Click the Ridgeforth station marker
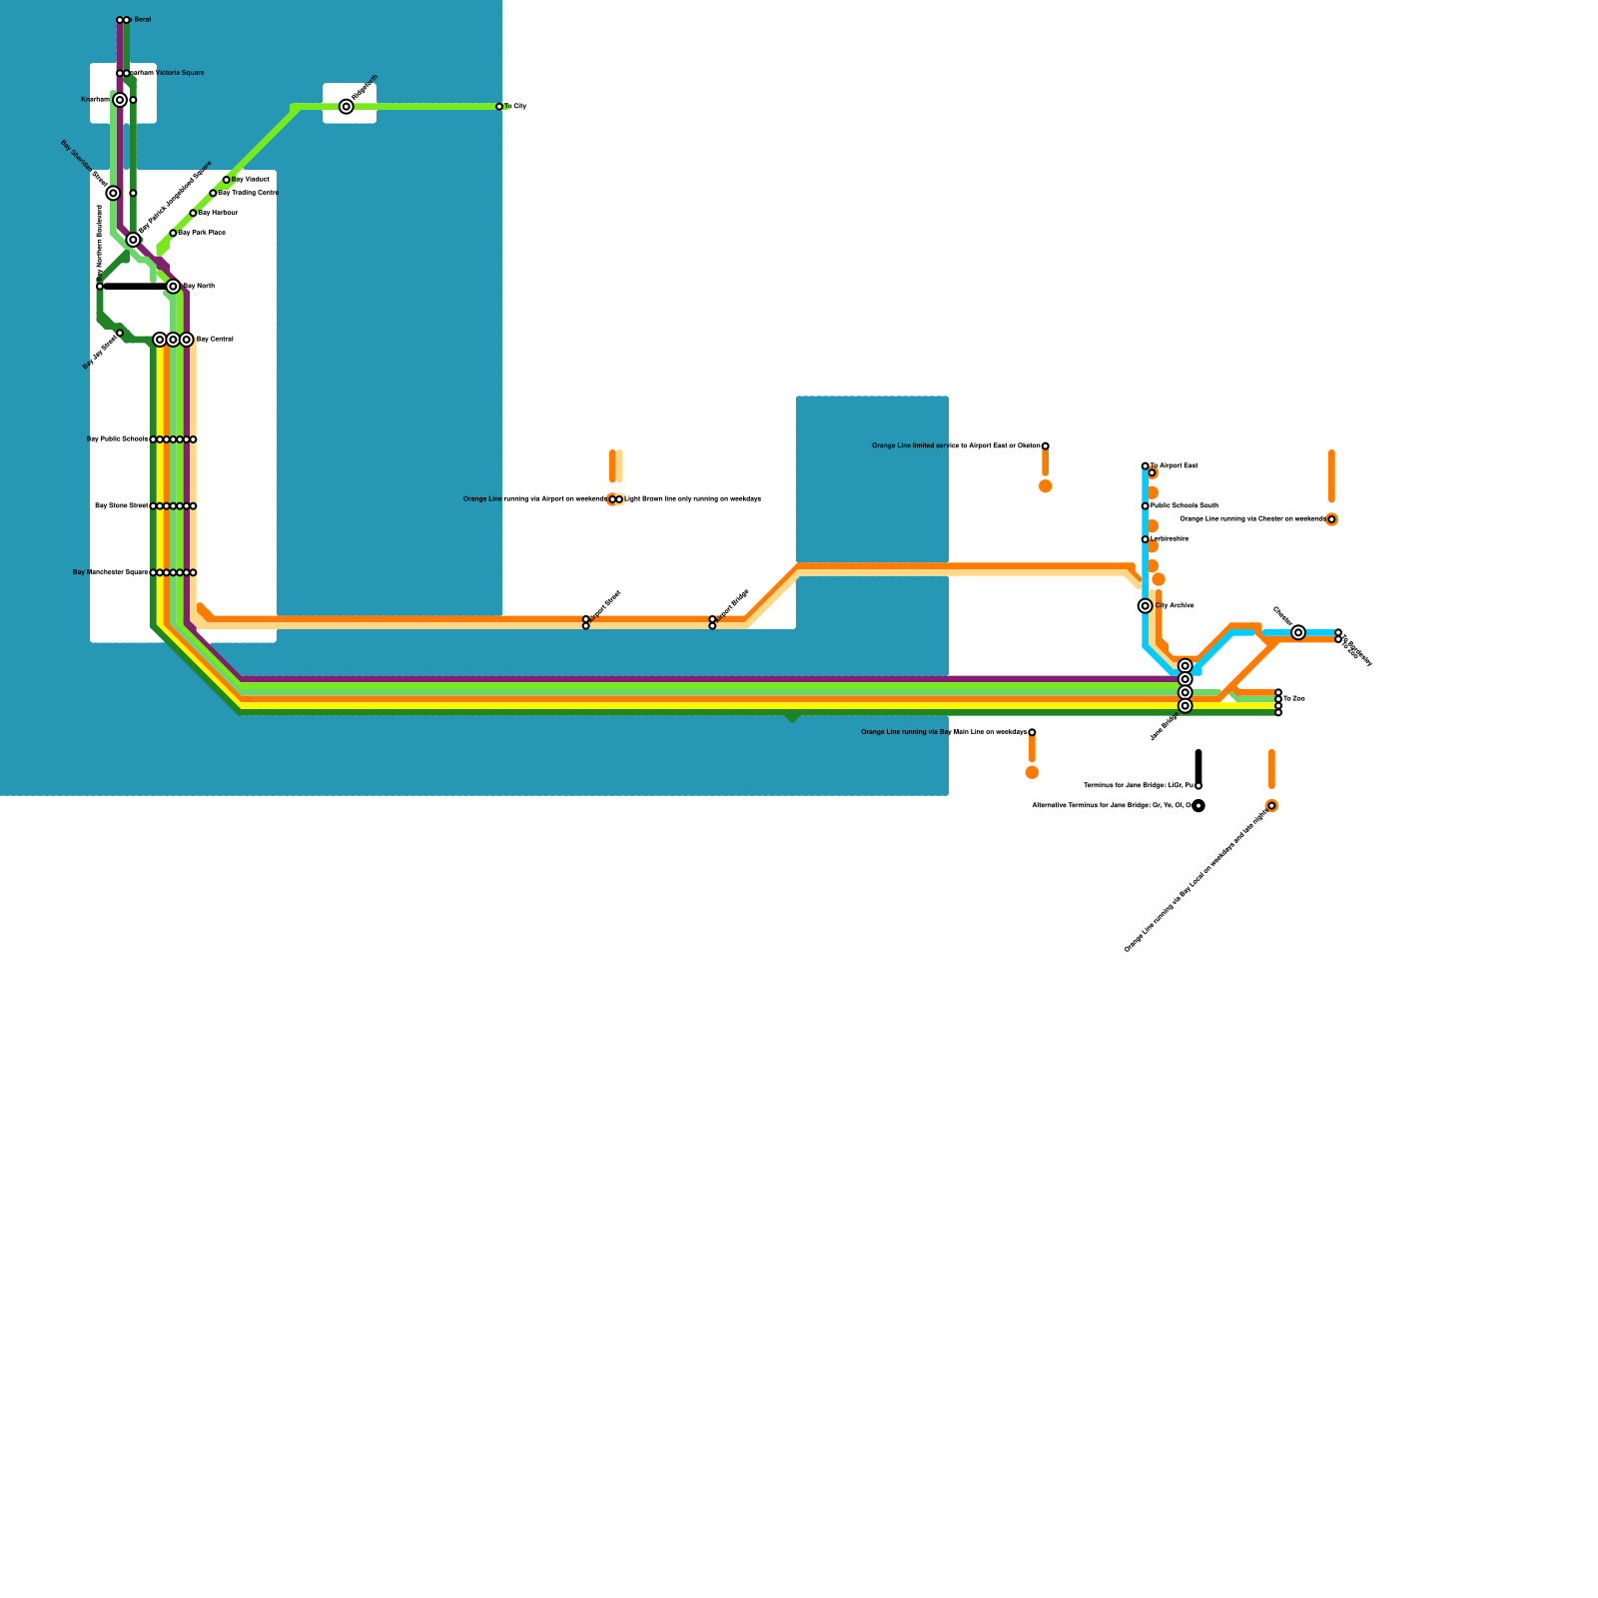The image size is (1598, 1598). [x=347, y=107]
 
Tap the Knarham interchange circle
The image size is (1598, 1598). [x=120, y=100]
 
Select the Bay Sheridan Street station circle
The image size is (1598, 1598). [x=114, y=193]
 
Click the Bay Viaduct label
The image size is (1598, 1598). [x=251, y=180]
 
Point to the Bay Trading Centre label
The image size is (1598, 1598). [x=248, y=193]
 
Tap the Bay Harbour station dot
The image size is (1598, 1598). [x=193, y=213]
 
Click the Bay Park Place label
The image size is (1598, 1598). [x=202, y=233]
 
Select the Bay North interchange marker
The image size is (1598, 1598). [x=173, y=287]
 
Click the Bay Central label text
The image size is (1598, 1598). [x=215, y=340]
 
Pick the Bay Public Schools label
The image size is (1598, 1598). [x=117, y=439]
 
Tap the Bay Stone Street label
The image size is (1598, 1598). [x=121, y=506]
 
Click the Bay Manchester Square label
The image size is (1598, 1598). [x=110, y=572]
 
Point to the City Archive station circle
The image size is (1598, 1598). [x=1146, y=606]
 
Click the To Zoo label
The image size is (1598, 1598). [x=1294, y=699]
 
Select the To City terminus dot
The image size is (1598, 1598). [x=499, y=107]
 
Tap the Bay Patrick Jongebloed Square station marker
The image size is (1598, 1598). [x=133, y=240]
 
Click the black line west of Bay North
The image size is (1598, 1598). [x=135, y=287]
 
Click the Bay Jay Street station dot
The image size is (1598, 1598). [x=120, y=333]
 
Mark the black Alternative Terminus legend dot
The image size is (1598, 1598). [x=1198, y=806]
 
